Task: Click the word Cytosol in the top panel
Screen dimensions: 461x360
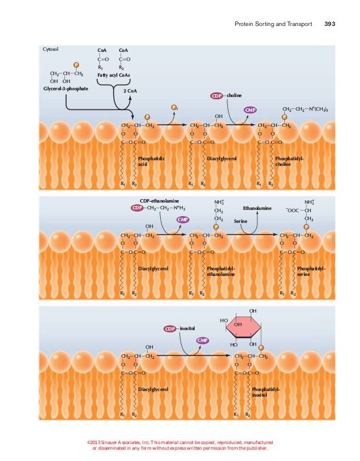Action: (51, 50)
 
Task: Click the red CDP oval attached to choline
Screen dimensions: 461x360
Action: (218, 96)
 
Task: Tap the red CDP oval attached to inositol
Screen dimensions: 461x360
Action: (170, 328)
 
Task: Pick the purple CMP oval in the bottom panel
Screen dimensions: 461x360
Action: (203, 340)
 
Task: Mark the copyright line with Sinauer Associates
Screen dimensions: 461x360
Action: (181, 445)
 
